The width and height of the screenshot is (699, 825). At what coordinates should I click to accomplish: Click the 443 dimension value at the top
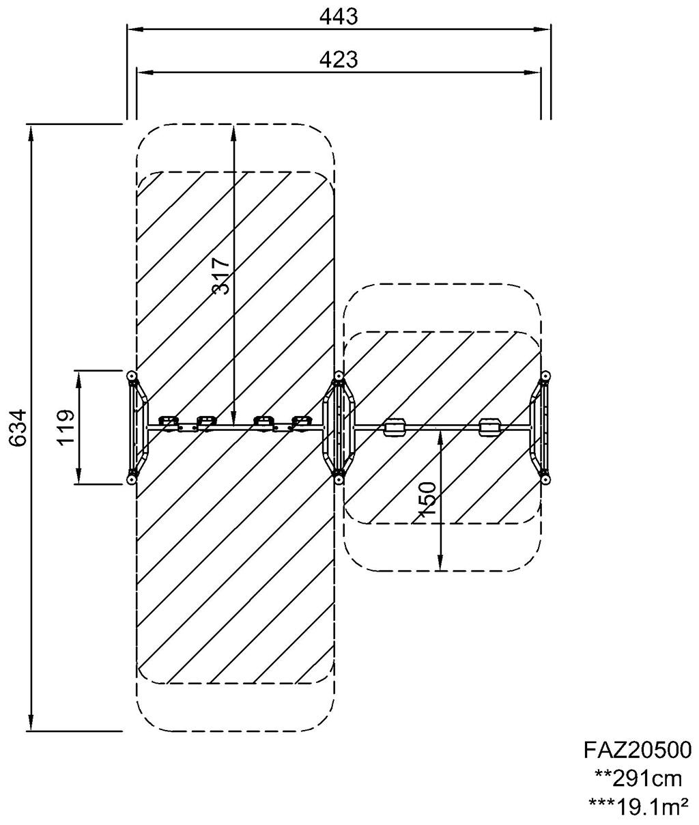(x=339, y=17)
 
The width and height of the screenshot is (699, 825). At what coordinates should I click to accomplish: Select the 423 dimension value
(x=339, y=59)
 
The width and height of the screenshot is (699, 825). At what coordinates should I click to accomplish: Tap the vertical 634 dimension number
(x=18, y=428)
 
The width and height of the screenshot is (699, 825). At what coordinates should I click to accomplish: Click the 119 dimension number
(x=66, y=428)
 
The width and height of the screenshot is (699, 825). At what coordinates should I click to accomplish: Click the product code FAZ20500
(x=638, y=750)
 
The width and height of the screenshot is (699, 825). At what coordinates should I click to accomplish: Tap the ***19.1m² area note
(x=638, y=807)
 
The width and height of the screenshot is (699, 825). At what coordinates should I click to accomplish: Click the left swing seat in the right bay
(x=395, y=428)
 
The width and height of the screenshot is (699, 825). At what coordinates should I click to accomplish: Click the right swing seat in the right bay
(x=490, y=428)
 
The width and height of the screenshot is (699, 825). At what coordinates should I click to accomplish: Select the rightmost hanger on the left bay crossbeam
(x=301, y=421)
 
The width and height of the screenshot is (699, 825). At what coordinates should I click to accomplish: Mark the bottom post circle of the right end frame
(x=545, y=481)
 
